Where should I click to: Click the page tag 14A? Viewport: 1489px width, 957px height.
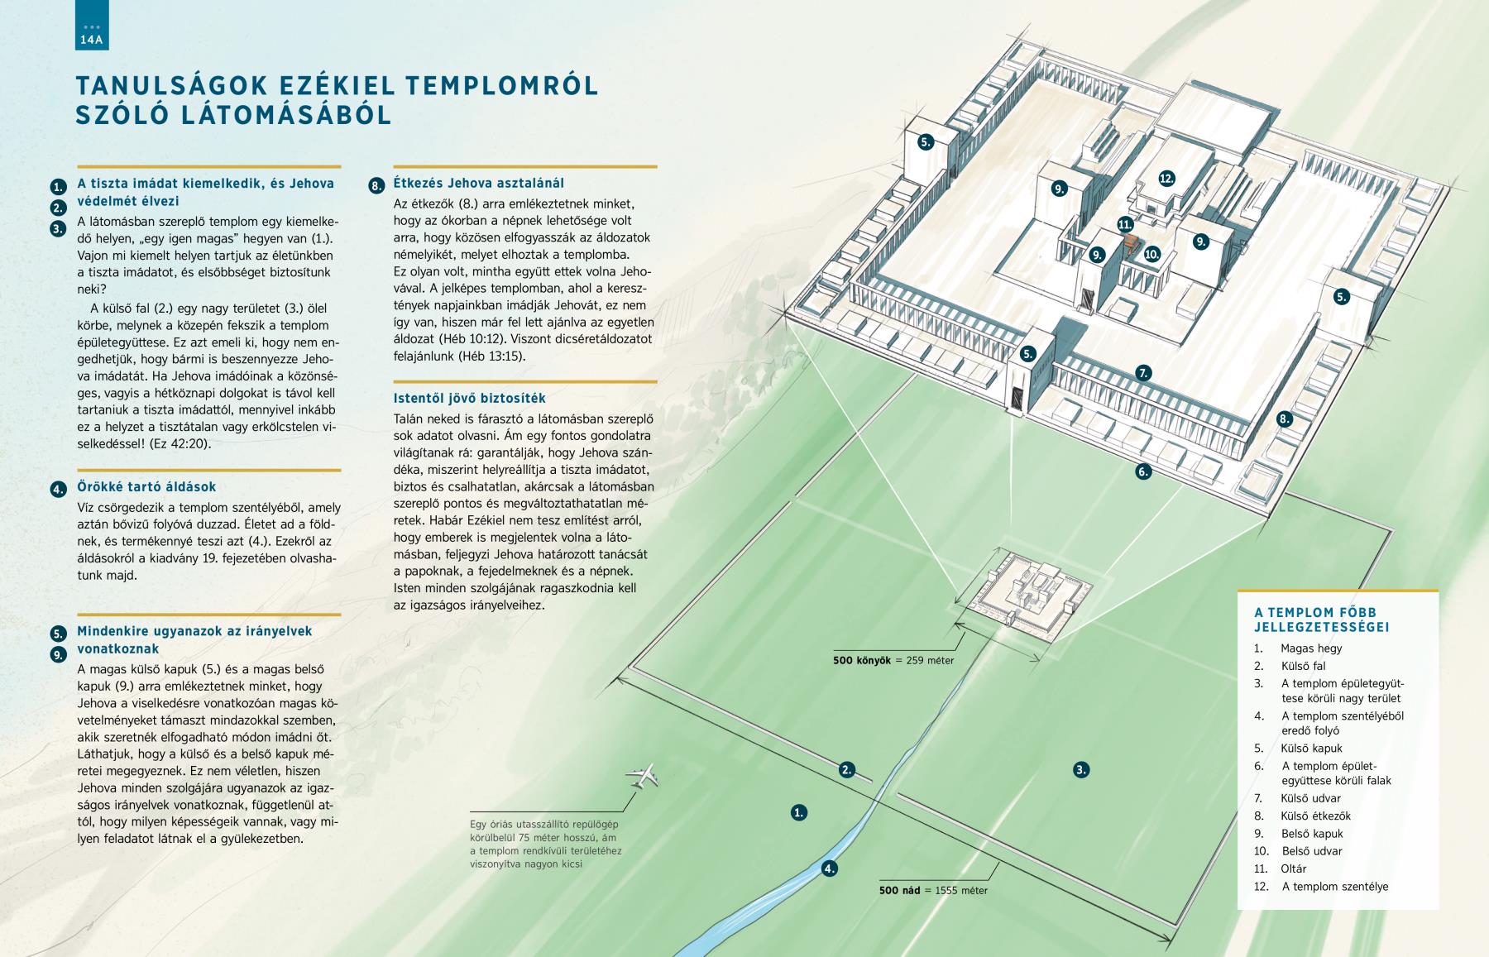pyautogui.click(x=91, y=39)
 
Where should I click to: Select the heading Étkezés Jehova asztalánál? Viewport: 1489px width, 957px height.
pyautogui.click(x=479, y=183)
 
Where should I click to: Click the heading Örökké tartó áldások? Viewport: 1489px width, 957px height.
pyautogui.click(x=146, y=487)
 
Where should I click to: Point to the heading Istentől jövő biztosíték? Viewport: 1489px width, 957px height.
pyautogui.click(x=470, y=399)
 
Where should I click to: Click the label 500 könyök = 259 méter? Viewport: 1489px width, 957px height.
pyautogui.click(x=893, y=660)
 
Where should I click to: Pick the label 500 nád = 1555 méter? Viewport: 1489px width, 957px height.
pyautogui.click(x=933, y=891)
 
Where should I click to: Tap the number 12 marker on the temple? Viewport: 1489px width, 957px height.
pyautogui.click(x=1166, y=178)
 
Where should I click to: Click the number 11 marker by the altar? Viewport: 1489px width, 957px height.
pyautogui.click(x=1125, y=224)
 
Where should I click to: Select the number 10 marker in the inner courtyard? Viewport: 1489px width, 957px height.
pyautogui.click(x=1151, y=255)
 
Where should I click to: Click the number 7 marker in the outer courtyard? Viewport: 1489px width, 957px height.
pyautogui.click(x=1144, y=373)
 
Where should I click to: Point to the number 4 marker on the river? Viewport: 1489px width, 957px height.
pyautogui.click(x=830, y=868)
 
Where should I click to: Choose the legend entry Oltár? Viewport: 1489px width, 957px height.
pyautogui.click(x=1294, y=868)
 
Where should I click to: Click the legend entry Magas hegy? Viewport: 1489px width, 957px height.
pyautogui.click(x=1311, y=648)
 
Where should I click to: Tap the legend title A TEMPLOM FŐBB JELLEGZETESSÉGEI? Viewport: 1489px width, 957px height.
pyautogui.click(x=1322, y=620)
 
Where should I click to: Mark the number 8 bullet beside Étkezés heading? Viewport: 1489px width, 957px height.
pyautogui.click(x=376, y=186)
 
